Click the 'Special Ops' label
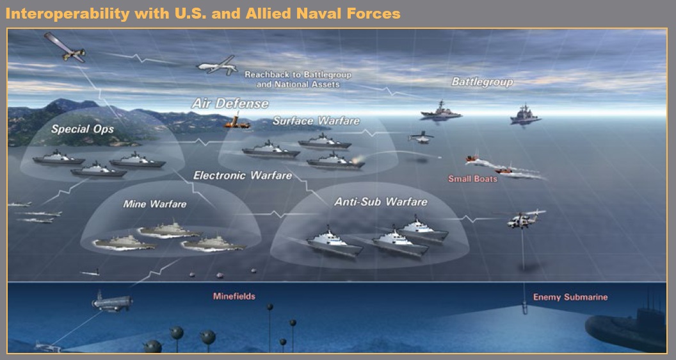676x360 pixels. point(83,129)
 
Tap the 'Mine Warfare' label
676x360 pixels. point(154,204)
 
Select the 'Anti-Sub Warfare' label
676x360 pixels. point(381,202)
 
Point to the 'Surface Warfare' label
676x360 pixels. point(316,121)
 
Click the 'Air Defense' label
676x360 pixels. point(230,103)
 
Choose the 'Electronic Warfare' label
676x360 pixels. point(243,175)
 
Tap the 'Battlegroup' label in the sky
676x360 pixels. point(482,82)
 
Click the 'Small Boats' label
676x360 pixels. point(472,179)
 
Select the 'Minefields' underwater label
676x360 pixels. point(234,297)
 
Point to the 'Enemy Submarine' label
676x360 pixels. point(570,297)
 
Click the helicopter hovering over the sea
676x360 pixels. point(521,220)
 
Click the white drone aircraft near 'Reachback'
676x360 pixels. point(216,66)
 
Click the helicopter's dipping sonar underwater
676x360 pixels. point(524,309)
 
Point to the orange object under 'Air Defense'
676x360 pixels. point(236,121)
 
